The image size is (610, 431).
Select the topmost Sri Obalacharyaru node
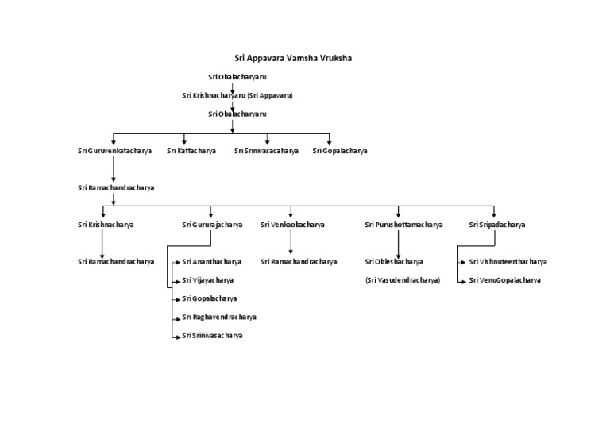[232, 77]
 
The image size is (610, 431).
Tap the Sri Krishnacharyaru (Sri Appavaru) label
[237, 95]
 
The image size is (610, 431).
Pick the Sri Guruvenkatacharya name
[114, 150]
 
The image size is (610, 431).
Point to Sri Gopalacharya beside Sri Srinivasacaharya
[340, 150]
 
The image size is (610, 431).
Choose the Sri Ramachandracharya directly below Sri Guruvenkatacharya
[116, 188]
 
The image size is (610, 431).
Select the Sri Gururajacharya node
[212, 225]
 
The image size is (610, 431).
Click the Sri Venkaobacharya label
[292, 225]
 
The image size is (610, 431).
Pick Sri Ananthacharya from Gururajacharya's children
[211, 261]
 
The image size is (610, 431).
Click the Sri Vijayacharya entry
[207, 280]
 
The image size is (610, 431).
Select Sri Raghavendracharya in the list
[218, 317]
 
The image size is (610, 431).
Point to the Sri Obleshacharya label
[394, 261]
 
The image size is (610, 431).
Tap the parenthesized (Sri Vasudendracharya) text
[403, 280]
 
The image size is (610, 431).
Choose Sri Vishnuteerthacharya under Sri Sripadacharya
[508, 261]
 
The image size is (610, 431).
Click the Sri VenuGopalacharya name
[504, 280]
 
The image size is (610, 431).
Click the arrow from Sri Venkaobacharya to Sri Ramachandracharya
[291, 242]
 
